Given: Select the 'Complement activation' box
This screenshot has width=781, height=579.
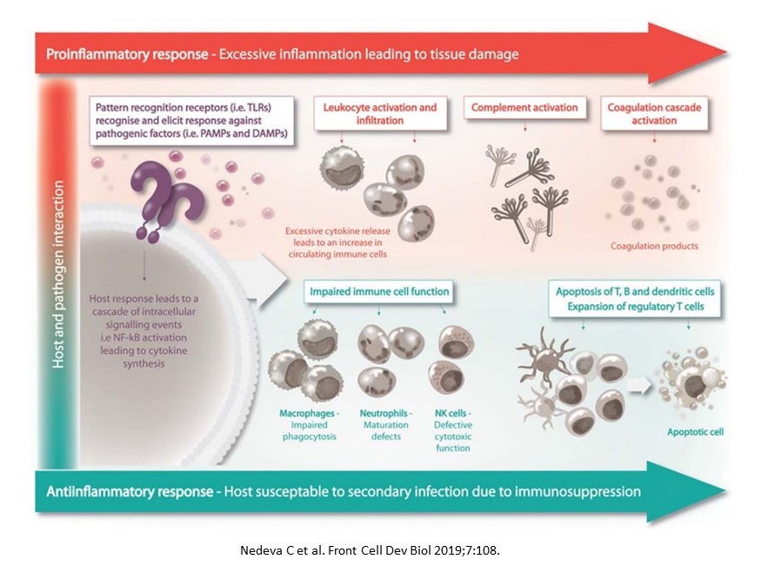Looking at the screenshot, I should [x=524, y=109].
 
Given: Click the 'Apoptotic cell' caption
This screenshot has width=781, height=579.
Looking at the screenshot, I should [x=695, y=431].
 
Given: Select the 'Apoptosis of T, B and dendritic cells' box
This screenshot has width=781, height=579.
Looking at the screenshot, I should [x=635, y=298].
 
